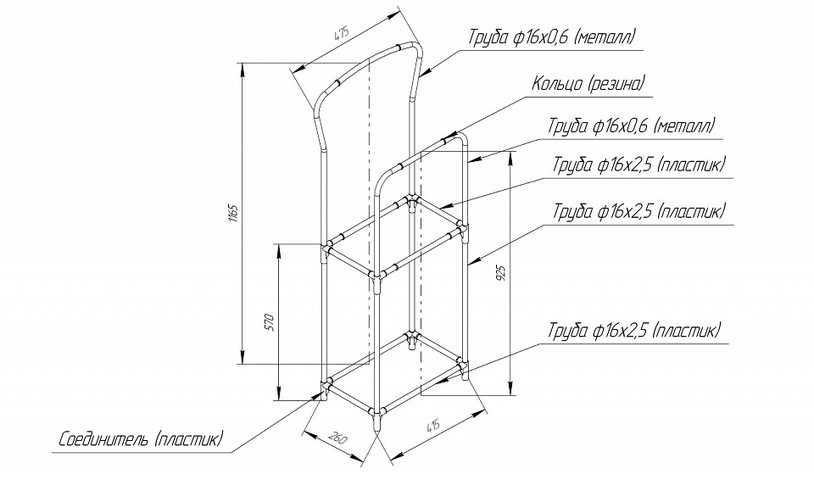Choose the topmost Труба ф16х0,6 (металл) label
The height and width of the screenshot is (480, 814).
tap(551, 36)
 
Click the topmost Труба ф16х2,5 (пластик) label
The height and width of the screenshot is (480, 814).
tap(638, 165)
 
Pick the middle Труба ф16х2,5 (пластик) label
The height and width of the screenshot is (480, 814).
tap(638, 210)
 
